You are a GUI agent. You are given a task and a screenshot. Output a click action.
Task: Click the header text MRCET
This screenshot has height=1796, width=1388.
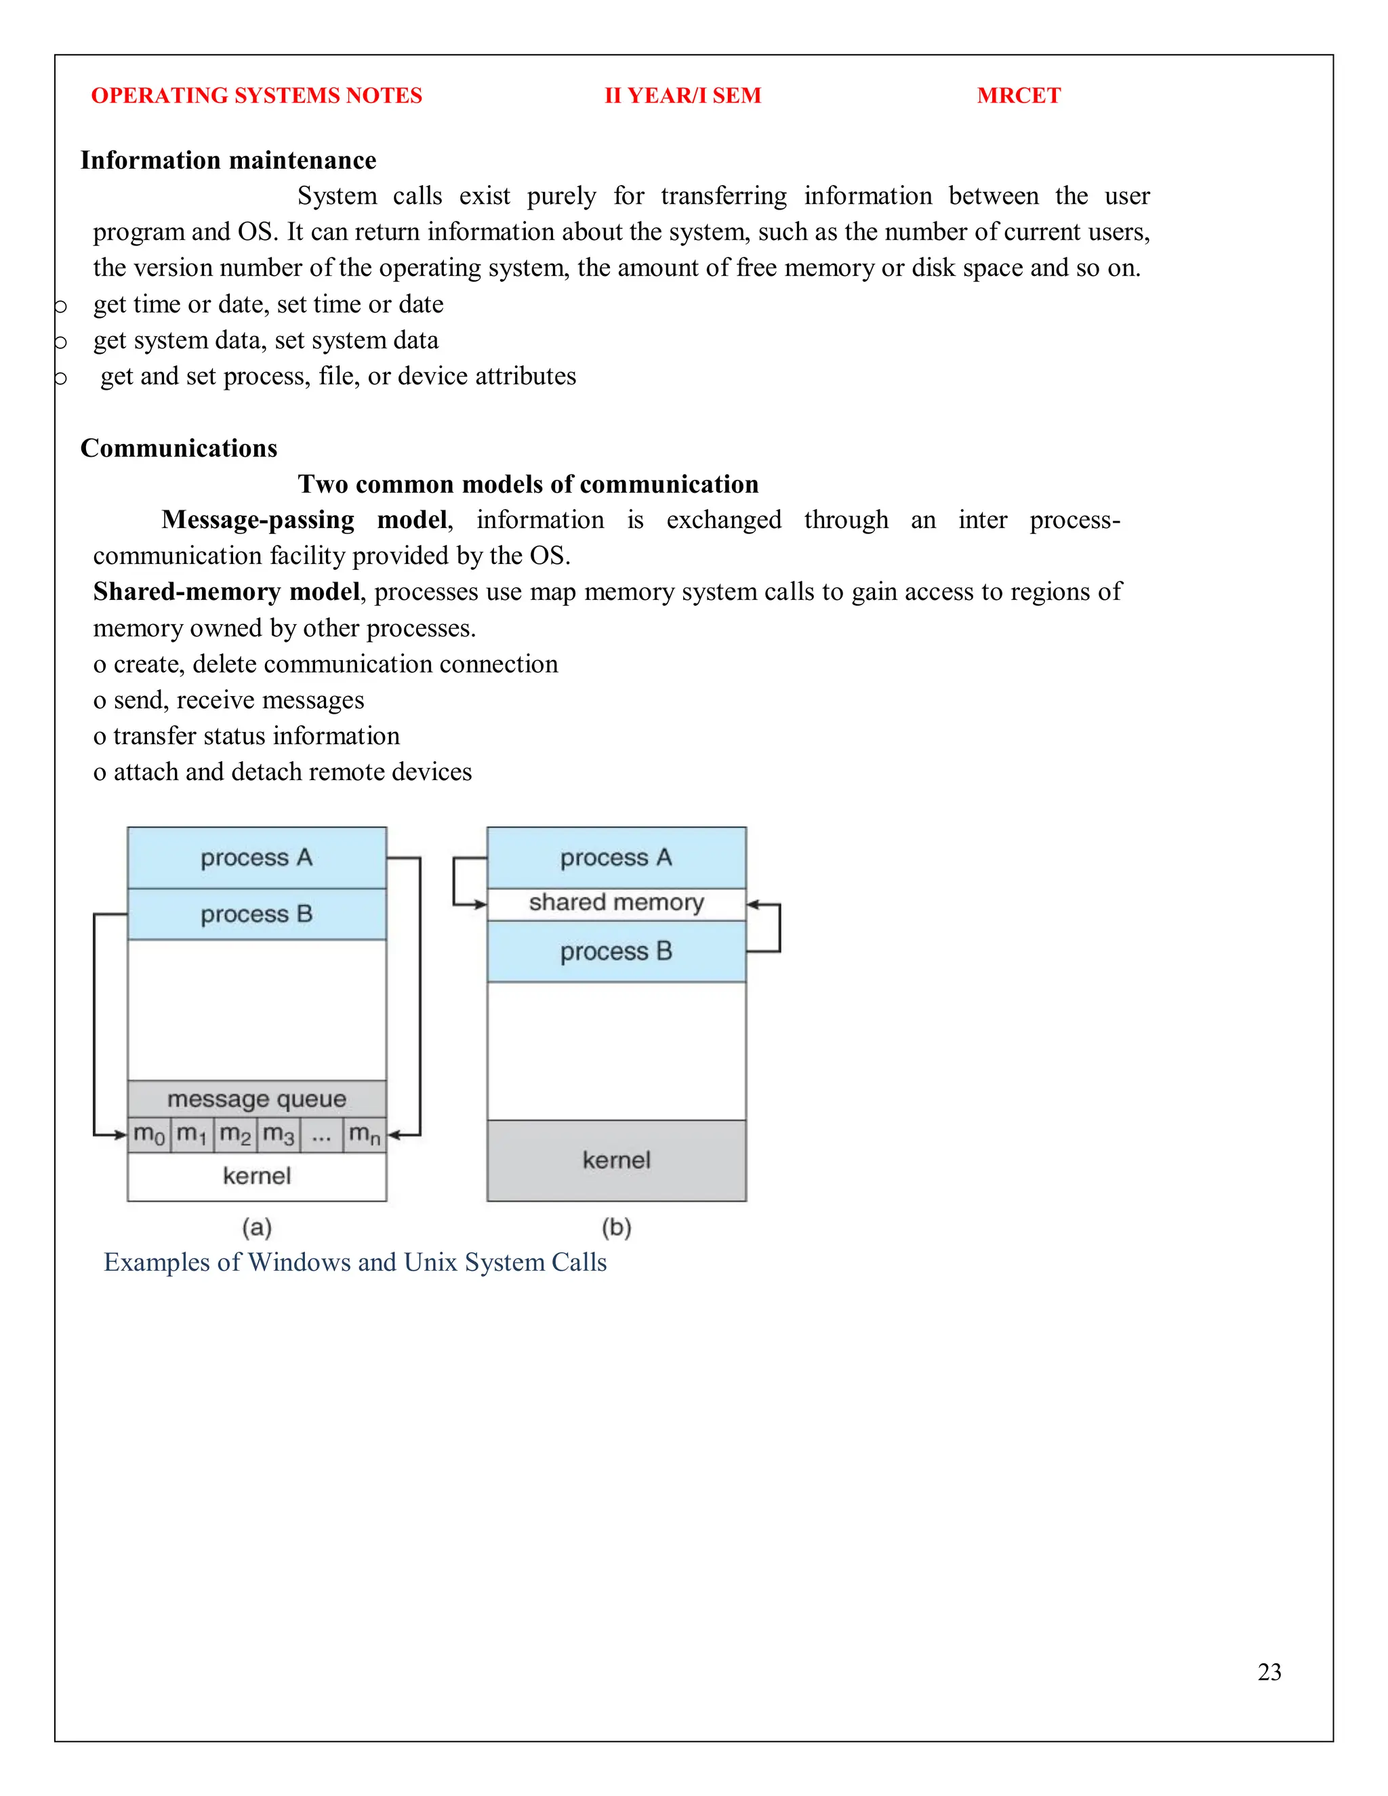(x=1018, y=96)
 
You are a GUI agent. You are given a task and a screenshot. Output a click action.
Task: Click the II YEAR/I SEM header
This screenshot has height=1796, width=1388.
(x=682, y=96)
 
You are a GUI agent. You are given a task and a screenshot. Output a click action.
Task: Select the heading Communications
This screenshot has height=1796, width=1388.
(x=178, y=447)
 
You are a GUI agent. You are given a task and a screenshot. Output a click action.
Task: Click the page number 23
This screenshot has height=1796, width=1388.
(x=1269, y=1672)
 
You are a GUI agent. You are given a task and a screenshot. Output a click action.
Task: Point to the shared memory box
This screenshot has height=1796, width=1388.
(x=616, y=903)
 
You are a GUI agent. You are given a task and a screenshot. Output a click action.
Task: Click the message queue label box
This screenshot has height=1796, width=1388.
(x=257, y=1099)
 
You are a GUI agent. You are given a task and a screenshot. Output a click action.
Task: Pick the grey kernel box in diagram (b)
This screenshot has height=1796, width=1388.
(x=616, y=1160)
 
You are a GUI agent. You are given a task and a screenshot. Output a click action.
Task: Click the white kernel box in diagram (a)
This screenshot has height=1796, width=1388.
(x=257, y=1176)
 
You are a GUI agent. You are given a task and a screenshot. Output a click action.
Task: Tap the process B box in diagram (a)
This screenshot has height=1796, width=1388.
(x=257, y=914)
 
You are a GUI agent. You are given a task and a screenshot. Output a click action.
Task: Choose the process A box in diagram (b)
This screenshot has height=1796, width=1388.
(x=616, y=858)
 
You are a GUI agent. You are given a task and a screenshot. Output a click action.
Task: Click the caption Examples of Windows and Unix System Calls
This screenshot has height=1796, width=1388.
(x=354, y=1263)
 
